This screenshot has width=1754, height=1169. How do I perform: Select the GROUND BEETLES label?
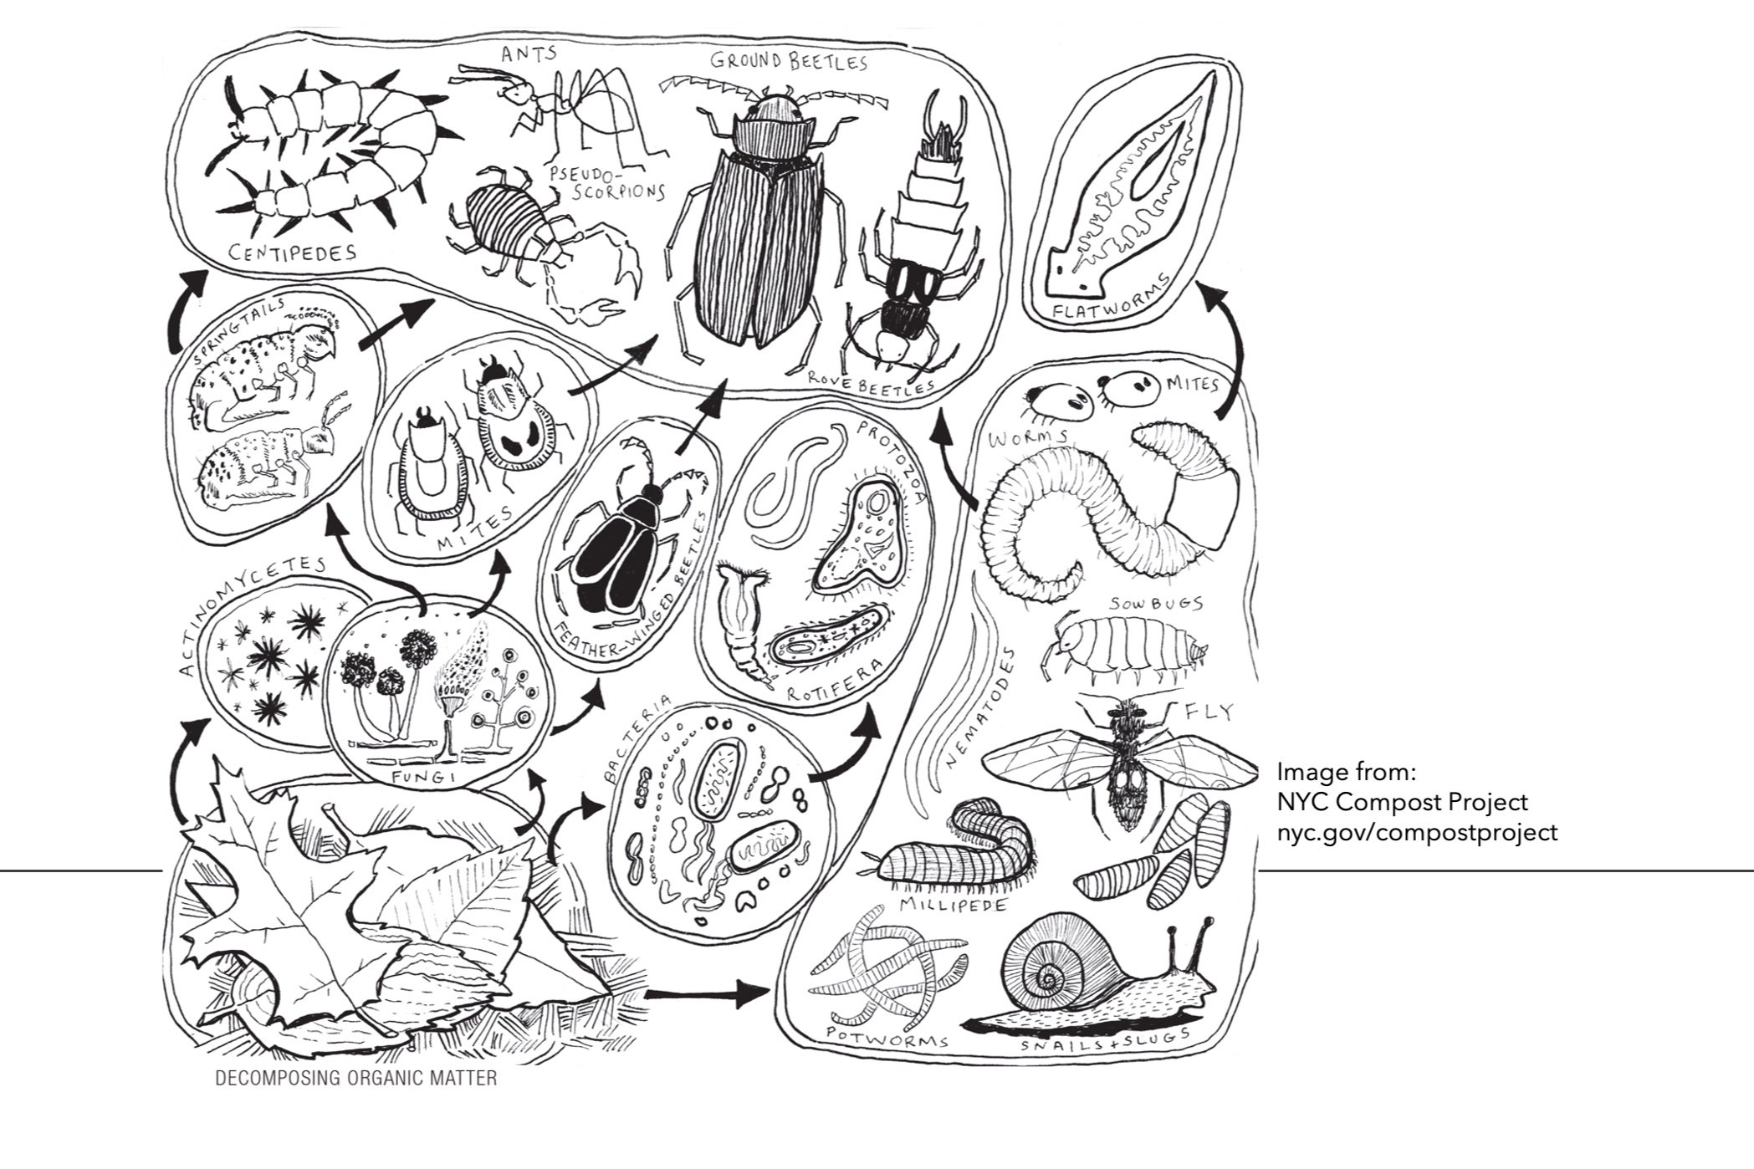[x=789, y=60]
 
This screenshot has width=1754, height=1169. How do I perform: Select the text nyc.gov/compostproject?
[x=1417, y=833]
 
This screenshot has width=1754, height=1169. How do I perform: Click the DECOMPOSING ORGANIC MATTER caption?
[x=356, y=1078]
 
